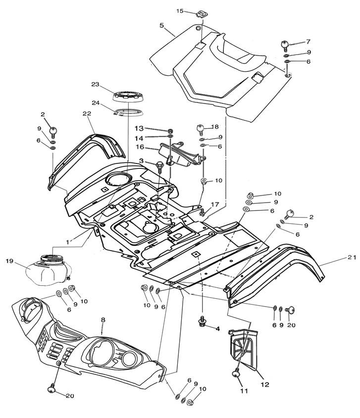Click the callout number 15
click(180, 10)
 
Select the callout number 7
click(308, 42)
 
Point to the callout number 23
click(96, 84)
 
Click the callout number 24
click(96, 104)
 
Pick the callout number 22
click(87, 113)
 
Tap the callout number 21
click(338, 257)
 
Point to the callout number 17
click(214, 204)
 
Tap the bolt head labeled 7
click(286, 45)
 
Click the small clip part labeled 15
click(201, 14)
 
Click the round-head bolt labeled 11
click(236, 375)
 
